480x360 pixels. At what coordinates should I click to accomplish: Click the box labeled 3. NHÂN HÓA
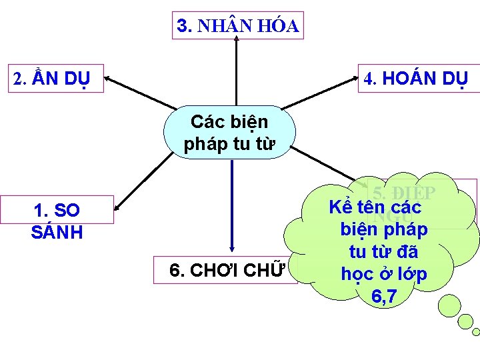(238, 26)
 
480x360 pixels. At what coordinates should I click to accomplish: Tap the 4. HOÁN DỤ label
(416, 78)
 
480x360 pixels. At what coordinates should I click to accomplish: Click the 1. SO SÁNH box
(57, 221)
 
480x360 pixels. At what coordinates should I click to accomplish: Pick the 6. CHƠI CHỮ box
(225, 270)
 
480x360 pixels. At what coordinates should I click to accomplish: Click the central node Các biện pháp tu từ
(229, 133)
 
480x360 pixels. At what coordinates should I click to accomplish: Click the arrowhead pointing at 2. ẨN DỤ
(108, 79)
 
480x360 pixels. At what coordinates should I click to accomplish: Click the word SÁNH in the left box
(57, 233)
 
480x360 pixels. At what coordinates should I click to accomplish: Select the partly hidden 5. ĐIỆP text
(404, 193)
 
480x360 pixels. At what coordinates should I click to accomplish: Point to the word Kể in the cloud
(340, 206)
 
